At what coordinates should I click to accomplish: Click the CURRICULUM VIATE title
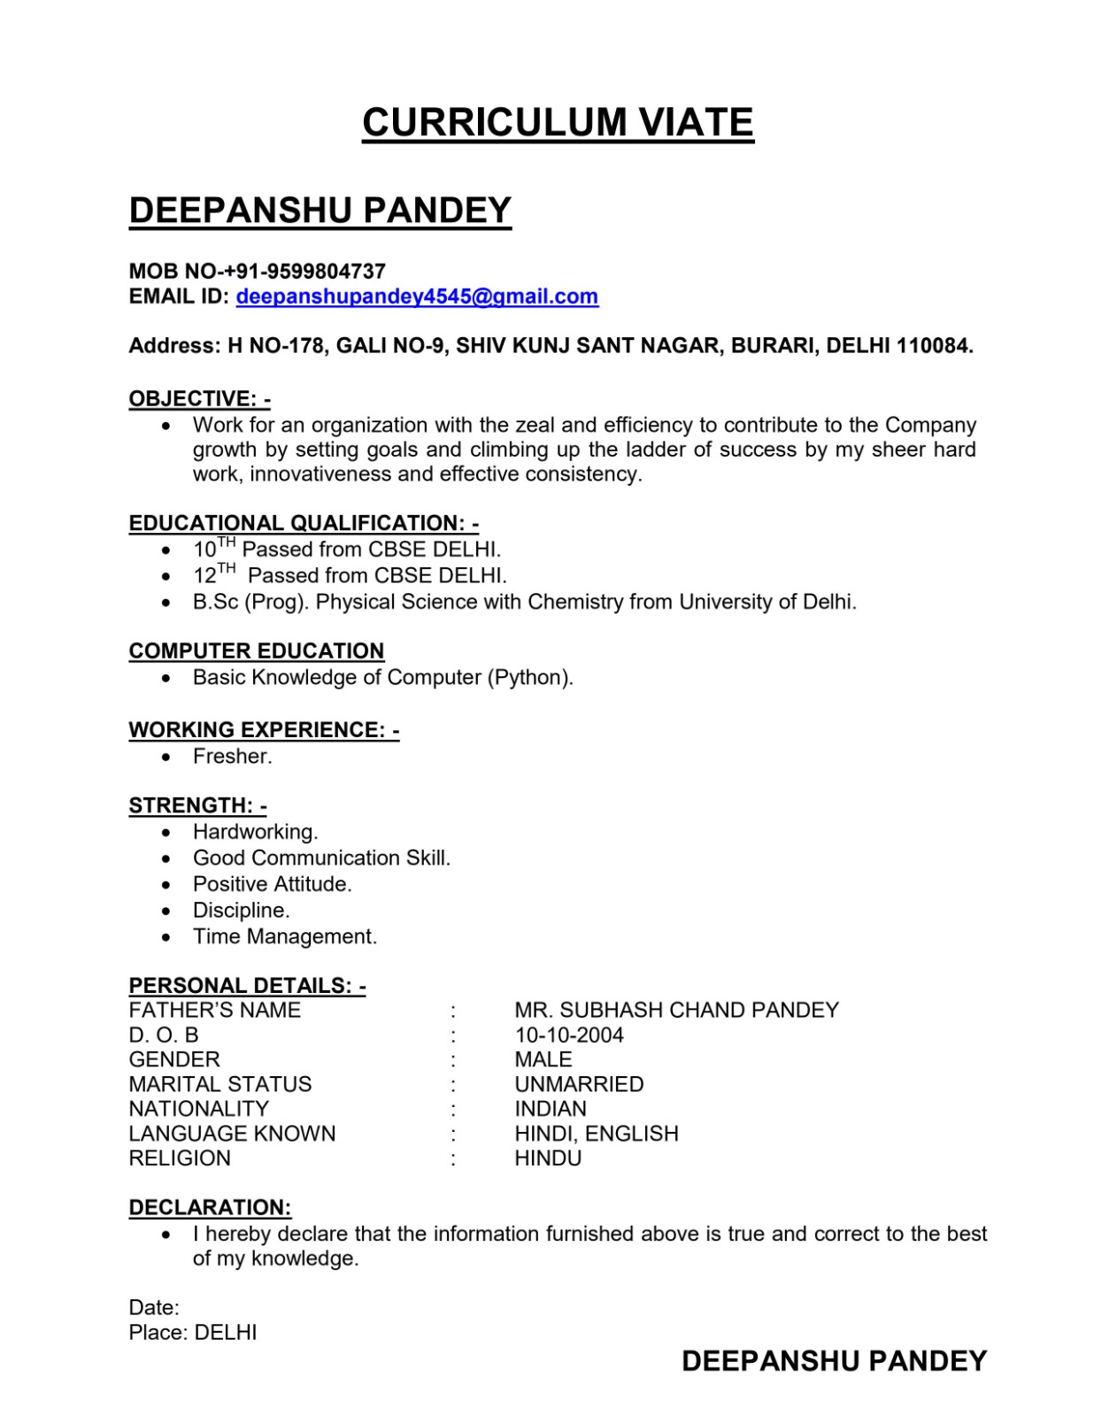[558, 122]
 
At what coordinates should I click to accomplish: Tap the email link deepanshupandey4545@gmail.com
[417, 296]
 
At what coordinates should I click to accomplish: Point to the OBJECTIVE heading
[199, 399]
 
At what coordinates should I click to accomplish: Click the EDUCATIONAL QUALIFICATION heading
[304, 523]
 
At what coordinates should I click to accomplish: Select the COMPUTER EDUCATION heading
[257, 651]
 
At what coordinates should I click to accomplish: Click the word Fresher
[232, 757]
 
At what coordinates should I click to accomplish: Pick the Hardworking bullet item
[255, 832]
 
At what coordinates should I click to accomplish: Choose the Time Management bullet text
[285, 936]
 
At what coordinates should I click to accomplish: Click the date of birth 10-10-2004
[569, 1035]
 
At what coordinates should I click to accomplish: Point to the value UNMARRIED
[579, 1084]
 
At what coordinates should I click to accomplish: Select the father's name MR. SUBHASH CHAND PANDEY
[676, 1011]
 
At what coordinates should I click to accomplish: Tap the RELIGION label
[180, 1158]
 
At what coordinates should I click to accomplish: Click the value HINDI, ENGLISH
[597, 1134]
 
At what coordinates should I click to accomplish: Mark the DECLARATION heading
[210, 1208]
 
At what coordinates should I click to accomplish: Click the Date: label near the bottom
[154, 1308]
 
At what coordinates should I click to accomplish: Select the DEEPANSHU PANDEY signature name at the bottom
[834, 1361]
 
